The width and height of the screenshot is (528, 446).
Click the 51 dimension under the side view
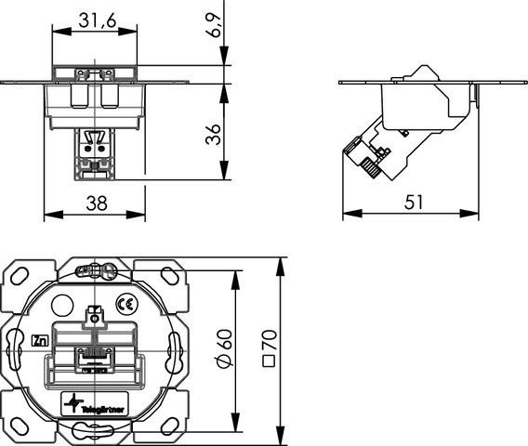(410, 200)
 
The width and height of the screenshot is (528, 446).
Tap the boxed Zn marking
(39, 340)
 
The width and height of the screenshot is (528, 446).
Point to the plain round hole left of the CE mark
(61, 304)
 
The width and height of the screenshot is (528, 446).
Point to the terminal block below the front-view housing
(94, 152)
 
